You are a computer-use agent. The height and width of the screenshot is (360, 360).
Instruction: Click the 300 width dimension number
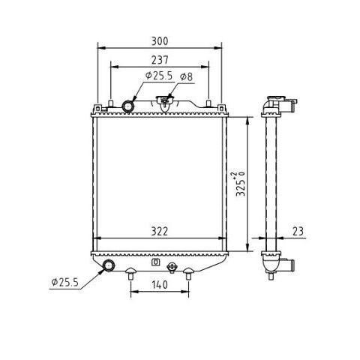pyautogui.click(x=160, y=41)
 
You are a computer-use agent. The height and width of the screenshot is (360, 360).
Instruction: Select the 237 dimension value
pyautogui.click(x=160, y=60)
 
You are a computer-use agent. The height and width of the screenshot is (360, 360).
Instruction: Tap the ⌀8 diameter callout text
pyautogui.click(x=187, y=76)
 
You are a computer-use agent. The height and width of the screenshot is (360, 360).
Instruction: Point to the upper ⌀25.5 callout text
pyautogui.click(x=159, y=76)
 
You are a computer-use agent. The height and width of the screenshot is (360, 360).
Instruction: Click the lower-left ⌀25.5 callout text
pyautogui.click(x=65, y=282)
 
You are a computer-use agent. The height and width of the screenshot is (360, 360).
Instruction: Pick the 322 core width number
pyautogui.click(x=160, y=232)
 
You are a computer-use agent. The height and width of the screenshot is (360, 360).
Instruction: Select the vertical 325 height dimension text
pyautogui.click(x=241, y=184)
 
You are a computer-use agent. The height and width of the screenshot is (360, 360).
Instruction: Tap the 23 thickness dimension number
pyautogui.click(x=298, y=231)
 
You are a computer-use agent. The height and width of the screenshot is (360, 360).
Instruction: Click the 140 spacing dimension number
pyautogui.click(x=160, y=284)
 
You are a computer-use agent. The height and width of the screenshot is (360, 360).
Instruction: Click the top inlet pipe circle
pyautogui.click(x=128, y=106)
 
